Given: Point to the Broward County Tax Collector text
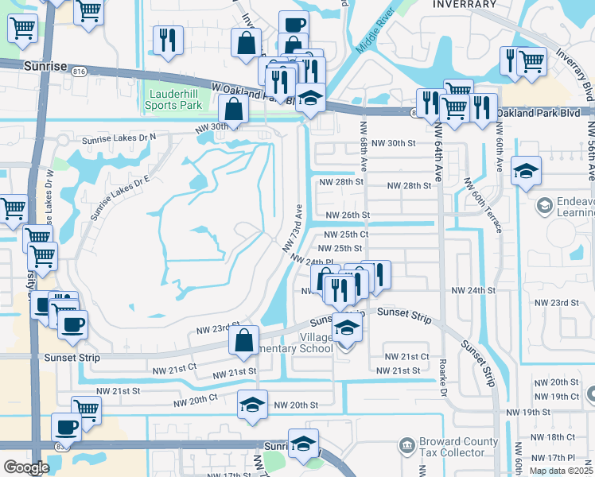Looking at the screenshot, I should coord(451,448).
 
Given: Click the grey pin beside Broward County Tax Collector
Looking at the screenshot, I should coord(406,444).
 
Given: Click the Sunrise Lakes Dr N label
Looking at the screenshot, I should coord(119,138).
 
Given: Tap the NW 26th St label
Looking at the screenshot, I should coord(348,215).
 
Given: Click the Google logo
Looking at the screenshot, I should coord(26,468).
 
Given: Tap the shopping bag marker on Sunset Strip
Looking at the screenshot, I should coord(244,339).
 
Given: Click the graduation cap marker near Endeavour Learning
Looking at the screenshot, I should coord(526,172).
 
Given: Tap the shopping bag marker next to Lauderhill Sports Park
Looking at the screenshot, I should coord(234,109).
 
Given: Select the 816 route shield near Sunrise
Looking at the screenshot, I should coord(79,71).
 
